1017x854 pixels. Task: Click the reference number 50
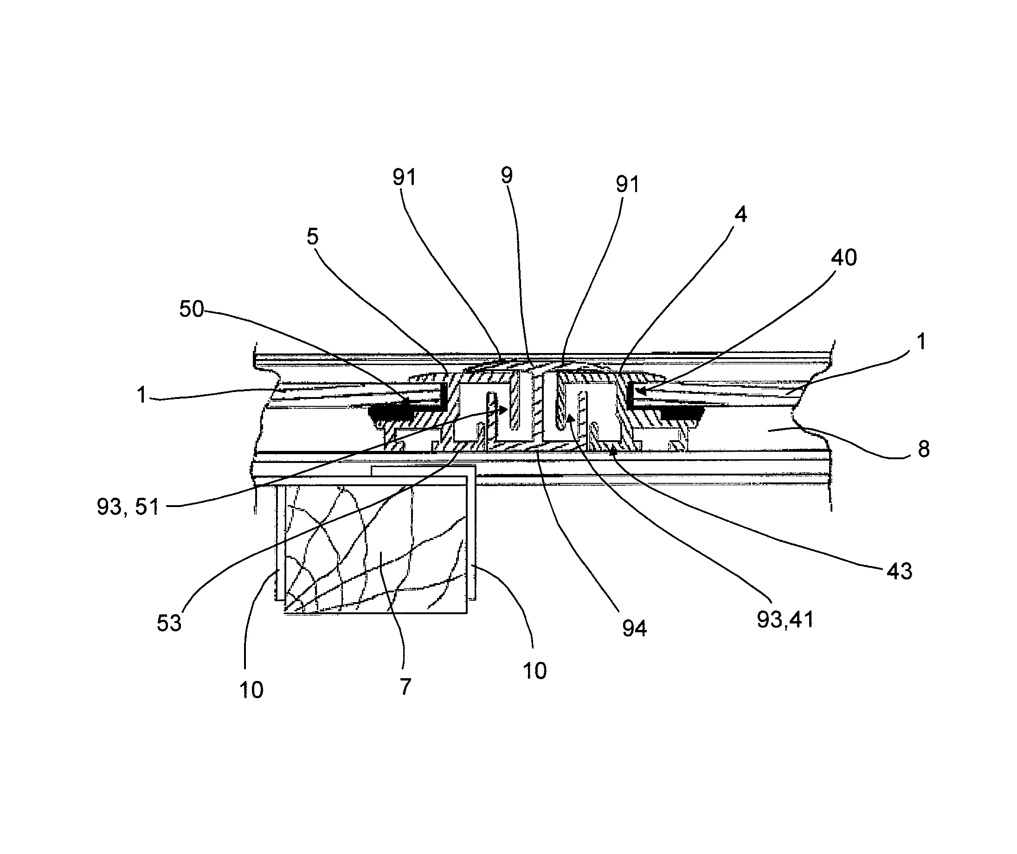(192, 309)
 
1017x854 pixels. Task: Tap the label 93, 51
(128, 507)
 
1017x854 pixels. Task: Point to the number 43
(899, 572)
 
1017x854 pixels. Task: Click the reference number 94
(634, 629)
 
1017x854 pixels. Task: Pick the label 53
(169, 623)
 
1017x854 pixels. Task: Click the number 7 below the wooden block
(406, 686)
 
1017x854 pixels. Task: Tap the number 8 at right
(924, 449)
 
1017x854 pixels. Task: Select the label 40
(844, 257)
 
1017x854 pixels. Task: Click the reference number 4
(740, 214)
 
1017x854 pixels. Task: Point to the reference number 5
(312, 237)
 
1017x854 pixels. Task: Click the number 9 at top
(507, 175)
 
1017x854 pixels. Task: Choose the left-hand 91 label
(404, 178)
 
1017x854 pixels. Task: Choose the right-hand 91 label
(627, 185)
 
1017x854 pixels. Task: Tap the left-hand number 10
(251, 690)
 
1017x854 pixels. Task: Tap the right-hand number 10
(534, 671)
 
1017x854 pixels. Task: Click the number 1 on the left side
(142, 395)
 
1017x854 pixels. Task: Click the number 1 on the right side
(921, 341)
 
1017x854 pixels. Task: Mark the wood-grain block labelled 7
(375, 547)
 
